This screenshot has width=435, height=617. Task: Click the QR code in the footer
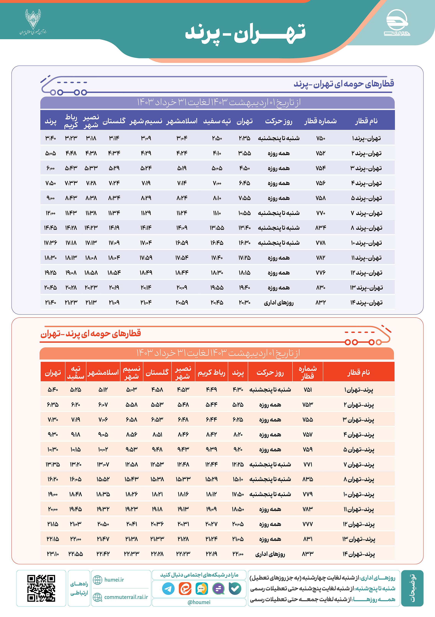pos(41,588)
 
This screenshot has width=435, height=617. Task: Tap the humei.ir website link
pos(114,580)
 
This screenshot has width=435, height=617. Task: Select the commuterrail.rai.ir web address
pos(126,597)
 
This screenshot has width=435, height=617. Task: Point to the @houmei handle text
pos(199,602)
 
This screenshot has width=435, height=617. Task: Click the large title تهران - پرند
pos(245,33)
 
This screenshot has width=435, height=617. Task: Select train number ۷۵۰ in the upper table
pos(320,138)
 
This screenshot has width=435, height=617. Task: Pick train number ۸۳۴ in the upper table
pos(320,228)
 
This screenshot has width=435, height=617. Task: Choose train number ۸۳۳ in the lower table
pos(308,554)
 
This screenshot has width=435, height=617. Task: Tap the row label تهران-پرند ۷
pos(366,213)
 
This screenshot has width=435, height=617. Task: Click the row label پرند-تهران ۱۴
pos(358,554)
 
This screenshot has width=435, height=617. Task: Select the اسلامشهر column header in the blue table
pos(182,121)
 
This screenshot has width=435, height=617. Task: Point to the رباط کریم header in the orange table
pos(211,372)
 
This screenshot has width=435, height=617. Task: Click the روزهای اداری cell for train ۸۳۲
pos(279,303)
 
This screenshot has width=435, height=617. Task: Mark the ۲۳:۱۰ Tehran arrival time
pos(53,554)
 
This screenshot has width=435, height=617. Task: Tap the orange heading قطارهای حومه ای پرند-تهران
pos(91,334)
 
